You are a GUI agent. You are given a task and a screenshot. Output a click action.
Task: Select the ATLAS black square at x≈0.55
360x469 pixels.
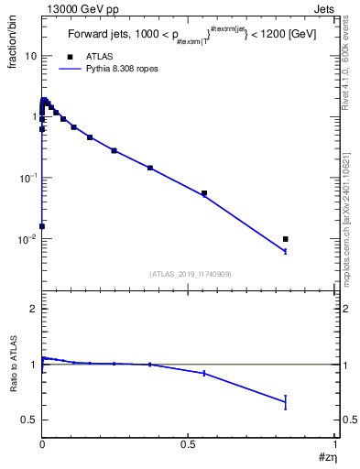pos(204,193)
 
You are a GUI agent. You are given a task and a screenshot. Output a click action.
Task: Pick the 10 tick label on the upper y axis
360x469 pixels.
pos(31,56)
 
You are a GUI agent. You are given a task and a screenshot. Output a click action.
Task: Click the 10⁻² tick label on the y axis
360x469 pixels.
pos(27,239)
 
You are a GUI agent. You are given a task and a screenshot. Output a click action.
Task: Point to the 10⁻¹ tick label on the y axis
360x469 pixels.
pos(27,178)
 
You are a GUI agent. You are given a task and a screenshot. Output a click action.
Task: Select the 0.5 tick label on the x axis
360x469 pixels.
pos(189,444)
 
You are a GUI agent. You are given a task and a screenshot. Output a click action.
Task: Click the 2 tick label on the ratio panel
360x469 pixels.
pos(33,310)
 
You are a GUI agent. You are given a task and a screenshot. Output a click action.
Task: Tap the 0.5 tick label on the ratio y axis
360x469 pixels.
pos(29,420)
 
